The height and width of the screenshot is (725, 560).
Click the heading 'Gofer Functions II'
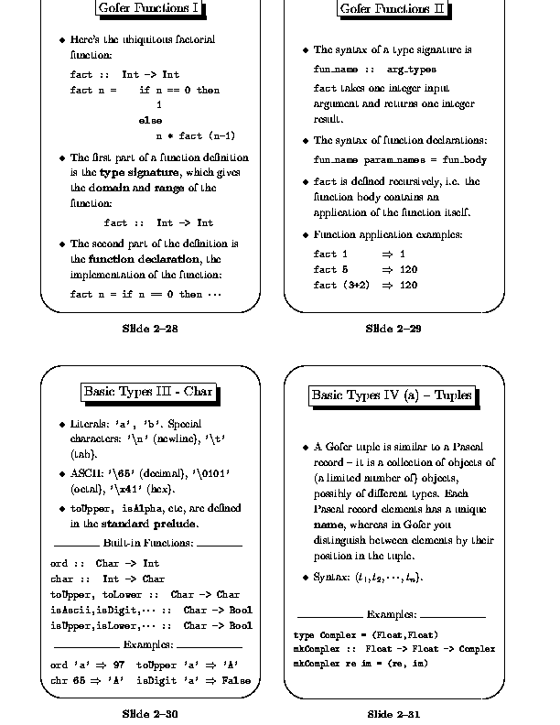point(393,9)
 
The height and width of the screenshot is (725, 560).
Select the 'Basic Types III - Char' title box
point(148,392)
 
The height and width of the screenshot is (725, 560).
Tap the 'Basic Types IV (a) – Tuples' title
point(392,395)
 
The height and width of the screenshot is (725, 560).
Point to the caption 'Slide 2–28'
point(149,329)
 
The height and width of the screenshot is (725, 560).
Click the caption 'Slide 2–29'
point(393,329)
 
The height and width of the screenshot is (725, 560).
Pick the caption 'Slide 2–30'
point(149,713)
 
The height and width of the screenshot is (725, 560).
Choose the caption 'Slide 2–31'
point(393,713)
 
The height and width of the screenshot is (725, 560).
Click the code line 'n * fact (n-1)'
point(196,136)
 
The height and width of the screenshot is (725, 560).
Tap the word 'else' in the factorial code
point(150,121)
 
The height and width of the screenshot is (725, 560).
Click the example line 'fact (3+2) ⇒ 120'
point(365,286)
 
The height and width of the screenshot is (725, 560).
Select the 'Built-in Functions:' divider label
point(149,544)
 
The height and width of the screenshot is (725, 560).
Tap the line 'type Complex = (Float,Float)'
point(365,634)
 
